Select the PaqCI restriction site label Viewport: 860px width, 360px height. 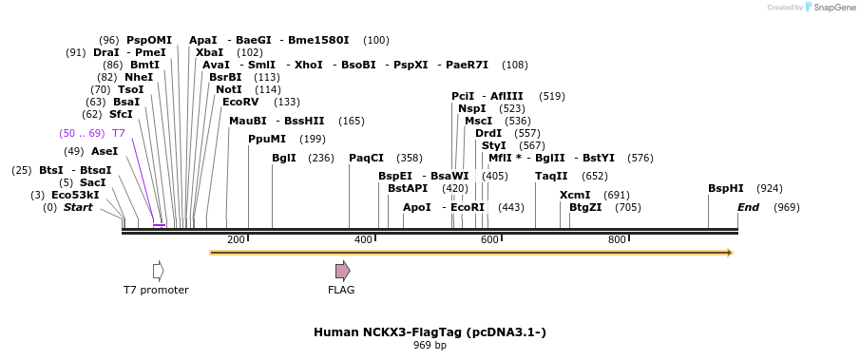tap(366, 158)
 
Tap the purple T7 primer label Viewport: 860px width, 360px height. tap(118, 133)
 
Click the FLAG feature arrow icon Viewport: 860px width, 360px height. tap(342, 271)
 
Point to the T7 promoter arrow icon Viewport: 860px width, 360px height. tap(158, 271)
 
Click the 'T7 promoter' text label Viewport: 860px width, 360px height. tap(156, 290)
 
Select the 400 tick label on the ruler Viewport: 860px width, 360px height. tap(363, 239)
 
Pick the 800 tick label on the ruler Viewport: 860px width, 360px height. tap(616, 239)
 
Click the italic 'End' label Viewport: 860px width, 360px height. tap(748, 207)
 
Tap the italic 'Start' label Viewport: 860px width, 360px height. tap(78, 207)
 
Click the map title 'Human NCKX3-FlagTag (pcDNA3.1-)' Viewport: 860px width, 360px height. tap(430, 332)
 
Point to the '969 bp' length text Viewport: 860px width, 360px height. tap(430, 345)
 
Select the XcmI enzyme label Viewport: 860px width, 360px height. tap(574, 195)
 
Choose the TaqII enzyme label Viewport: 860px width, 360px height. tap(551, 176)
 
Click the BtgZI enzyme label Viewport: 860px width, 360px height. tap(585, 207)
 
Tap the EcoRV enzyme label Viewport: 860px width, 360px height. tap(240, 102)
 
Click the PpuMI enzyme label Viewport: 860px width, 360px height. tap(266, 139)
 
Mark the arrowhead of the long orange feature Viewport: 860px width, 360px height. tap(729, 253)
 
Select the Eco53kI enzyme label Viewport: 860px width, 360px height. tap(75, 195)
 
